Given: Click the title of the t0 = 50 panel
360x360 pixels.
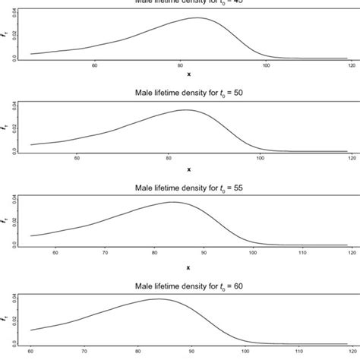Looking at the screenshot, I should click(188, 95).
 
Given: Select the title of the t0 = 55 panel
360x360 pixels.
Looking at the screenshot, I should click(188, 188).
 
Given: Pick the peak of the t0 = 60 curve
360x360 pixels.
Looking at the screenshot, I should click(159, 298).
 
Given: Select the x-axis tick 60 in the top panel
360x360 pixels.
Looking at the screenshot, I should click(94, 65).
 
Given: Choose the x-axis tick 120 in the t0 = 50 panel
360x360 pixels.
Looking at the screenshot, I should click(351, 158).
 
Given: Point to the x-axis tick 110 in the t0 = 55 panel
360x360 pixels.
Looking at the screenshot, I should click(302, 251).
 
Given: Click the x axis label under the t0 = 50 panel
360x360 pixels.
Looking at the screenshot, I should click(188, 168).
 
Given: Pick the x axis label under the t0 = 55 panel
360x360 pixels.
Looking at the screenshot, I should click(188, 267).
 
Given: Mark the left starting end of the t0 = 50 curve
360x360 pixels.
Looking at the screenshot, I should click(30, 144).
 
